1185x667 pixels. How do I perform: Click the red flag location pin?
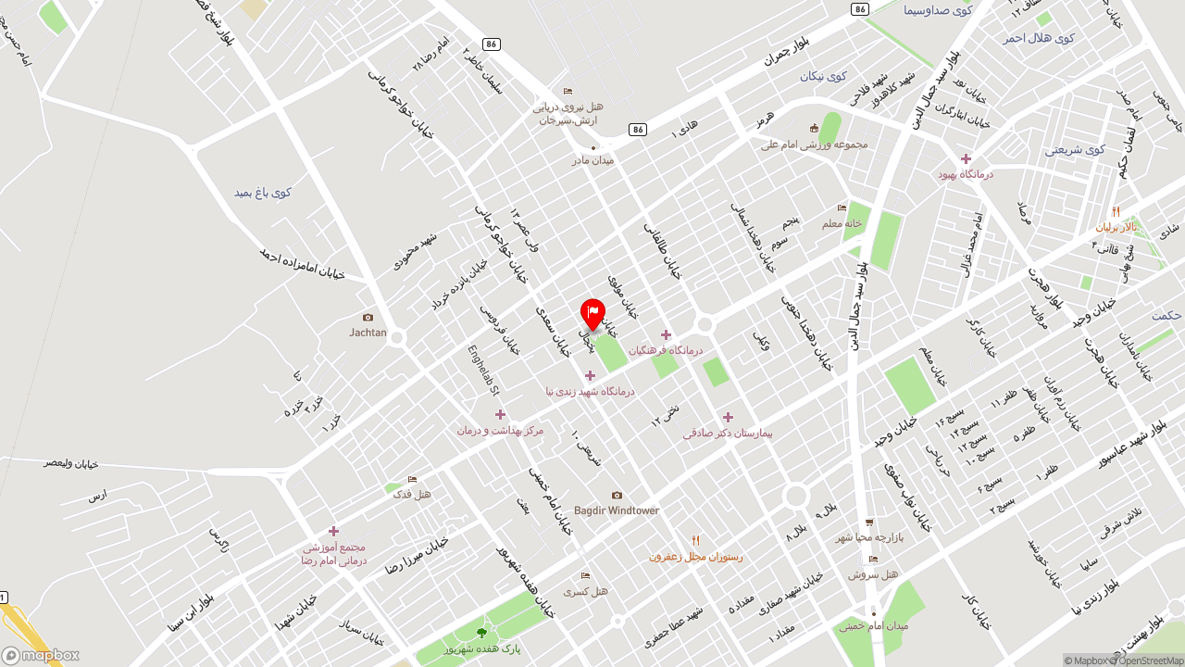[592, 314]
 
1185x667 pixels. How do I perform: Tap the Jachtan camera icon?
[368, 318]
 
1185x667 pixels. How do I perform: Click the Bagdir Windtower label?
[617, 510]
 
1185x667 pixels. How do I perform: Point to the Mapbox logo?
[40, 655]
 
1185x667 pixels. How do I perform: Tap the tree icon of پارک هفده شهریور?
[480, 633]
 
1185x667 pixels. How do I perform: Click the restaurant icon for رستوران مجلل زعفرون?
[695, 541]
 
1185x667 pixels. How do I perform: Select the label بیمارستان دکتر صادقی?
[728, 433]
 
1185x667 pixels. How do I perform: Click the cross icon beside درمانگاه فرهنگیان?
[666, 334]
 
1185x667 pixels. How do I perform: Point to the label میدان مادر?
[592, 160]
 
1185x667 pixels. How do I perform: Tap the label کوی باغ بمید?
[262, 193]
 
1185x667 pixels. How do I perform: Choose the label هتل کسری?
[586, 591]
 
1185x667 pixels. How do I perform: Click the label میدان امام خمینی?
[874, 626]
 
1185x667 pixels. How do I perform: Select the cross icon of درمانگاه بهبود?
[966, 159]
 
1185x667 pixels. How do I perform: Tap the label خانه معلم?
[842, 223]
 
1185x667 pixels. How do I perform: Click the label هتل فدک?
[412, 495]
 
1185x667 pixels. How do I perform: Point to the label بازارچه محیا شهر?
[869, 537]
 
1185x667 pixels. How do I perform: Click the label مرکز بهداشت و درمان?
[500, 430]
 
